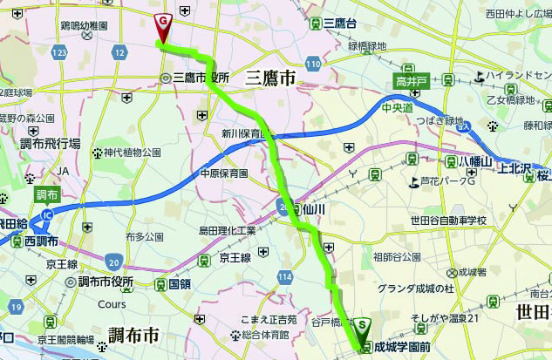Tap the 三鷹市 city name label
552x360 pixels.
click(270, 78)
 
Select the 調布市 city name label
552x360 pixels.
click(133, 335)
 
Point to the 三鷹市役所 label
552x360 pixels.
click(200, 78)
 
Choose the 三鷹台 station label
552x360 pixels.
click(339, 23)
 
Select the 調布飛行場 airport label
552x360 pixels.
click(51, 143)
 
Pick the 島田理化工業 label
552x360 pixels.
click(228, 230)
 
